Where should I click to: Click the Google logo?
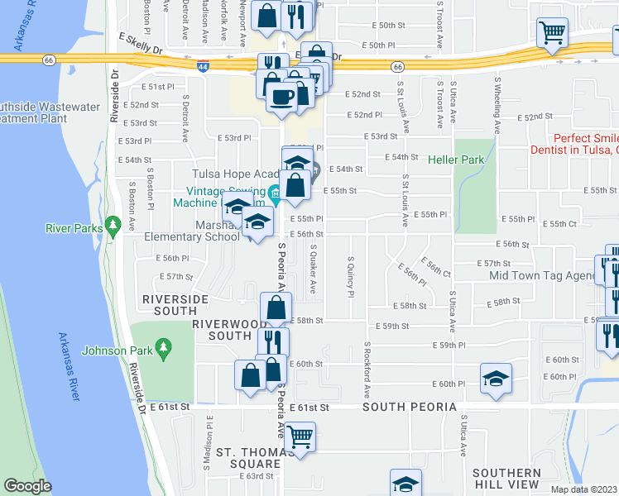coord(28,486)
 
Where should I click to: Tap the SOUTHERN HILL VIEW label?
coord(506,478)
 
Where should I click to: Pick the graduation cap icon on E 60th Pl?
coord(496,378)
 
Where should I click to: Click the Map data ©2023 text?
coord(583,489)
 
